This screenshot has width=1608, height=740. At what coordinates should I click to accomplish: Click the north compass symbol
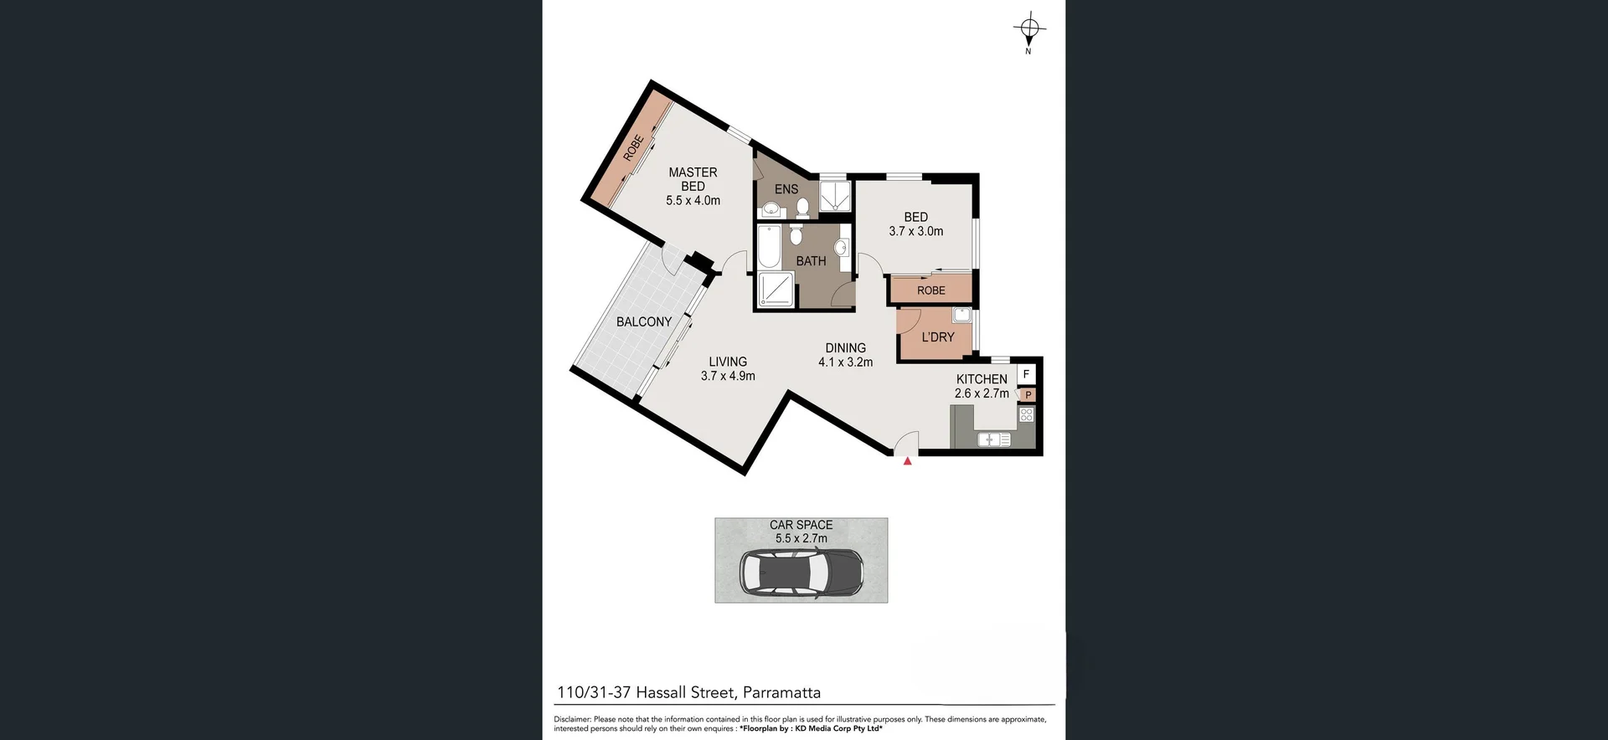tap(1029, 30)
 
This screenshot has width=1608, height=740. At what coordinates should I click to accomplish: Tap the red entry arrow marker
tap(907, 460)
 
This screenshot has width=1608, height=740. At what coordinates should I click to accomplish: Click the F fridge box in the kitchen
tap(1026, 374)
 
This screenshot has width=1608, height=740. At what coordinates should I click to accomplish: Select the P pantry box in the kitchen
tap(1028, 395)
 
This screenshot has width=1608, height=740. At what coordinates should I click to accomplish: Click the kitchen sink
tap(994, 439)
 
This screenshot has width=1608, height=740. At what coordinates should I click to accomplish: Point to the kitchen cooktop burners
tap(1027, 414)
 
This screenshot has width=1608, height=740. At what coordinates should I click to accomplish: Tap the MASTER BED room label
tap(693, 179)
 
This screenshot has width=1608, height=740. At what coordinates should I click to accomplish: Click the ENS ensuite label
tap(786, 189)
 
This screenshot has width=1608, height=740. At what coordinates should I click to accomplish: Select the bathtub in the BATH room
tap(769, 246)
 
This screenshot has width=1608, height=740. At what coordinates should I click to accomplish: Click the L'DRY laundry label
tap(937, 337)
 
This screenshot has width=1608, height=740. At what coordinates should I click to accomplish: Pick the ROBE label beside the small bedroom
tap(930, 290)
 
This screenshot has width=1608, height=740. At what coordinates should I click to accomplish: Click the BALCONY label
tap(643, 321)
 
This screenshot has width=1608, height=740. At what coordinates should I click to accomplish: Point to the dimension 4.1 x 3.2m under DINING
tap(845, 362)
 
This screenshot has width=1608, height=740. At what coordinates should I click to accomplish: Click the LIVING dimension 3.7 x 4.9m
tap(727, 377)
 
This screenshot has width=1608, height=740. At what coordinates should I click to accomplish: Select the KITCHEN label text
tap(982, 379)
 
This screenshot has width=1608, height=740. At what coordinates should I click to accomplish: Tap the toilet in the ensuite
tap(802, 206)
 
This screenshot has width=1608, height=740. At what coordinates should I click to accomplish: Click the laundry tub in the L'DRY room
tap(961, 316)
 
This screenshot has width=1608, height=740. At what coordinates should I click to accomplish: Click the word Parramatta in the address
tap(781, 692)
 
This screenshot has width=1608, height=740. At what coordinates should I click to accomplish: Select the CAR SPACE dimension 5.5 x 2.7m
tap(801, 538)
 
